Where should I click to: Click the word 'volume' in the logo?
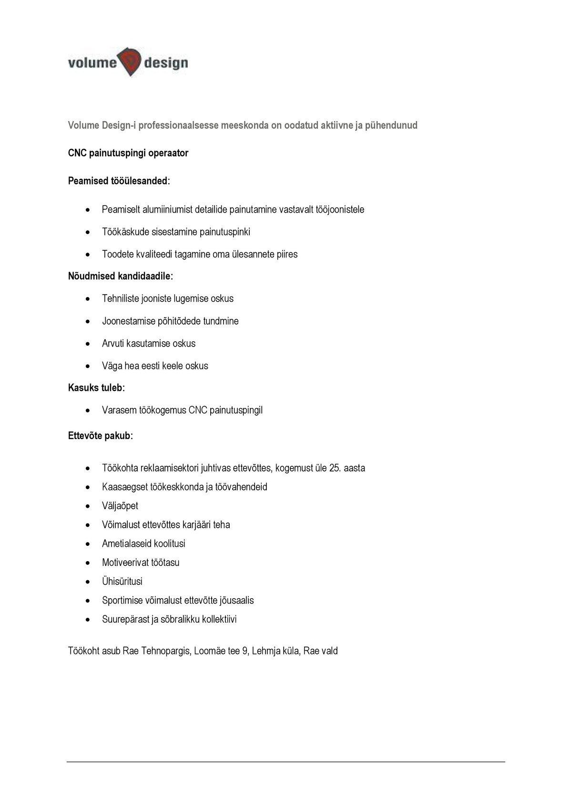(92, 62)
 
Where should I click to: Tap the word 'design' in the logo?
(166, 63)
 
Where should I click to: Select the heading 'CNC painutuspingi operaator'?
(128, 153)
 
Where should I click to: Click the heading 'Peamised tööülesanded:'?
(119, 181)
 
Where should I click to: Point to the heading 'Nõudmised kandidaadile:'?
(121, 276)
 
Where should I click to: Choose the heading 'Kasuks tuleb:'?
(96, 388)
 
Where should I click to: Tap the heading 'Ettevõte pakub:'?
(100, 436)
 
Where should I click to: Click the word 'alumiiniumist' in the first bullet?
(164, 209)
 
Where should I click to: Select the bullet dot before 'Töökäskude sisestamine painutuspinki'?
(87, 232)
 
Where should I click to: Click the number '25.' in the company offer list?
(335, 468)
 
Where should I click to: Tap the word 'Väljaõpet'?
(120, 506)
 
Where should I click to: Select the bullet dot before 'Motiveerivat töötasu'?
(87, 563)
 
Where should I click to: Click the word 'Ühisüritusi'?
(122, 582)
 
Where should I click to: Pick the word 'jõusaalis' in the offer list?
(236, 600)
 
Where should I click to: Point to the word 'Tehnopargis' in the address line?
(165, 651)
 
